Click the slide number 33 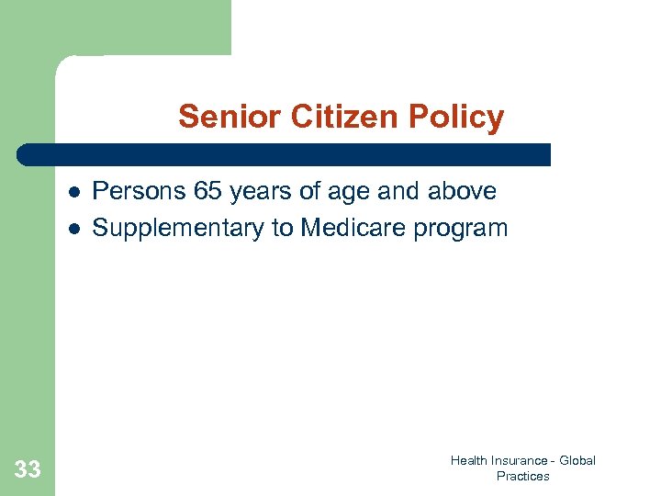[28, 470]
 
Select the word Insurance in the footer [521, 460]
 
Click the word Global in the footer [577, 460]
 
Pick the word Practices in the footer [522, 476]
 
